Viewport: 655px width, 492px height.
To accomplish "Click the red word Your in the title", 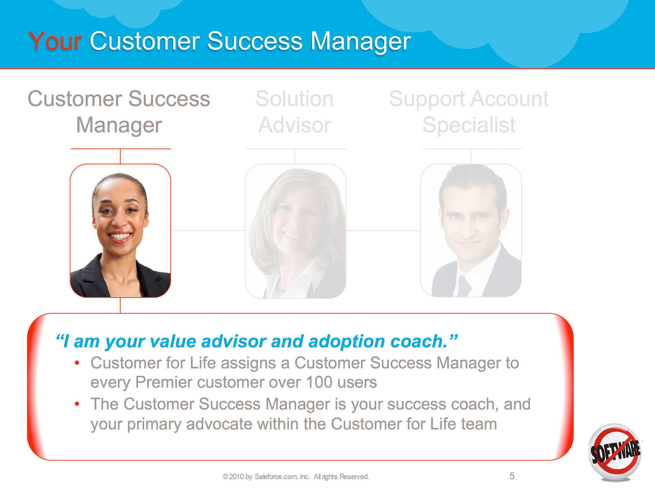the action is [55, 41].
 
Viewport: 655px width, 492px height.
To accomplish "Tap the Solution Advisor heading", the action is [295, 112].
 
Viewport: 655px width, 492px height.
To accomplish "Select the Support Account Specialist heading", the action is [469, 112].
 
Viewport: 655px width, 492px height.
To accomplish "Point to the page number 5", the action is [512, 476].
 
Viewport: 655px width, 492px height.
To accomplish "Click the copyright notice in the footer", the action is [296, 477].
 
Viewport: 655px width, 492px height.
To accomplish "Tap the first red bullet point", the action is [77, 363].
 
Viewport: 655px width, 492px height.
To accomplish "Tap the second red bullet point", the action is [77, 404].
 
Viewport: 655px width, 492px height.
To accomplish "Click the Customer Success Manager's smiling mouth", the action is [120, 237].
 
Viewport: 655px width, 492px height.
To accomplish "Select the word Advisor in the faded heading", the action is [295, 125].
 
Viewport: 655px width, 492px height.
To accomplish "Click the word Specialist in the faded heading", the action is [469, 125].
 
